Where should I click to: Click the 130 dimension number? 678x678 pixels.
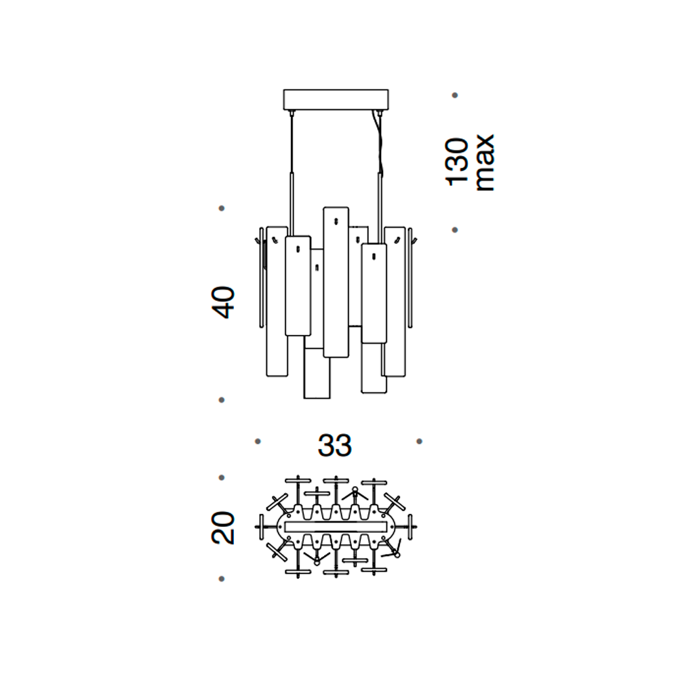(x=458, y=162)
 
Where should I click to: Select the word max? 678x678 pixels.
(x=485, y=163)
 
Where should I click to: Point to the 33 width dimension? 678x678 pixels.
(x=335, y=445)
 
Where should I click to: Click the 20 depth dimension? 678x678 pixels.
(x=223, y=527)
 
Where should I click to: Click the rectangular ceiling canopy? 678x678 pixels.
(x=336, y=100)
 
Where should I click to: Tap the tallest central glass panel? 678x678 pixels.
(x=336, y=282)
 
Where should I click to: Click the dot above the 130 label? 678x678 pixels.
(x=455, y=95)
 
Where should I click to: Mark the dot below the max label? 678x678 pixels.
(x=455, y=230)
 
